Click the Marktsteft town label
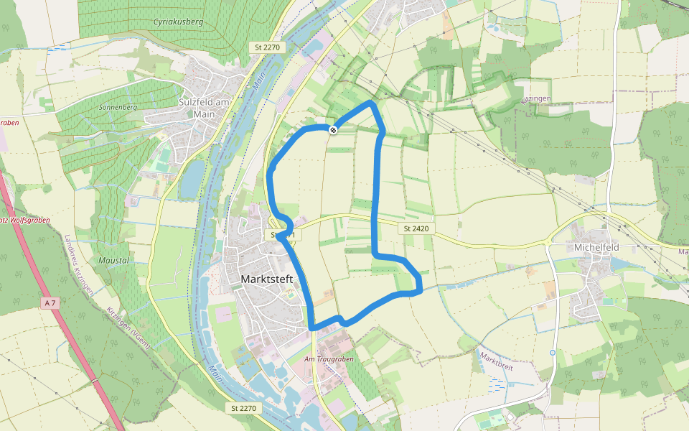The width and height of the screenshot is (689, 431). (268, 279)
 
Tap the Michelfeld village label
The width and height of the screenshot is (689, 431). (596, 247)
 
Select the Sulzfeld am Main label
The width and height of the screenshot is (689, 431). (205, 108)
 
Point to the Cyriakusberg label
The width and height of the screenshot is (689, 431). (179, 22)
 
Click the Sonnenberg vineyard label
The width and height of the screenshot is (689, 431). (118, 107)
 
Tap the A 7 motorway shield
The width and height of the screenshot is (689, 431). (49, 303)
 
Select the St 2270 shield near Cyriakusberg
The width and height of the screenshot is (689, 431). (267, 47)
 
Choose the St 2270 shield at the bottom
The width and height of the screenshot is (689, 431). (244, 408)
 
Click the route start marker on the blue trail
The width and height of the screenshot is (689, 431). (333, 129)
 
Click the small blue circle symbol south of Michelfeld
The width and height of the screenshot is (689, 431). (552, 353)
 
